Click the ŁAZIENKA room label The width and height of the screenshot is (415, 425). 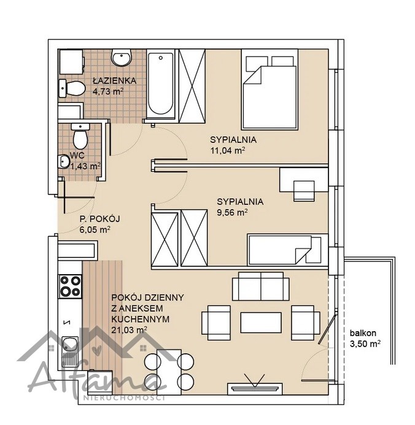click(114, 80)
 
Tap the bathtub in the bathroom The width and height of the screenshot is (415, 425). click(161, 83)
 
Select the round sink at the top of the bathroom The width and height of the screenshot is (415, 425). click(121, 58)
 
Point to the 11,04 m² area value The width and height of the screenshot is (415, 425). click(228, 150)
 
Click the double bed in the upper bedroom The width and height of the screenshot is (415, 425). click(270, 90)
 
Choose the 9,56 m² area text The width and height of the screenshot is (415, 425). click(232, 212)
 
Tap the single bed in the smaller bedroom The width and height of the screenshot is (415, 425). click(287, 250)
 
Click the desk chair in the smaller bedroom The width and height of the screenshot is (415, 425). click(304, 191)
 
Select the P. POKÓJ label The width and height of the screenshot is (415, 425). click(99, 219)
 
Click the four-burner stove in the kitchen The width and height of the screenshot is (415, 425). click(70, 286)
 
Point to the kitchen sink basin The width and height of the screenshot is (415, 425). click(70, 343)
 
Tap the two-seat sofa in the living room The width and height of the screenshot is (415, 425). click(261, 286)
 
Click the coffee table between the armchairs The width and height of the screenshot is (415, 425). click(261, 323)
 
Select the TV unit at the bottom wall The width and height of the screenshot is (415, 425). click(255, 388)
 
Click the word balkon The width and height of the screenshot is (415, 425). click(363, 332)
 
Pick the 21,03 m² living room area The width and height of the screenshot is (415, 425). click(129, 330)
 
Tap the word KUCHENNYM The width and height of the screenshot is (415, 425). click(141, 319)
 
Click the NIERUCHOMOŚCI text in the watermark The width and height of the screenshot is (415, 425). click(124, 398)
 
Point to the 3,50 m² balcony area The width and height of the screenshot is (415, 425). click(365, 344)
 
